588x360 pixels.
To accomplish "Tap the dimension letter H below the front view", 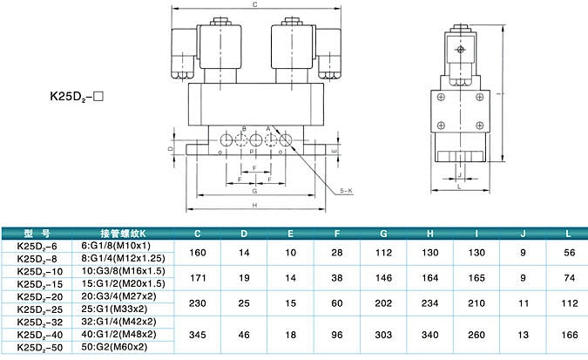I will [x=253, y=206].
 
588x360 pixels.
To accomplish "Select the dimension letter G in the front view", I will [x=253, y=190].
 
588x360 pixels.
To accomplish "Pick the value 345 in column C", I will [x=197, y=335].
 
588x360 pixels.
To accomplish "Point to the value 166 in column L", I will [x=568, y=335].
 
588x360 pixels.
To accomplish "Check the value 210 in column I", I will [x=476, y=302].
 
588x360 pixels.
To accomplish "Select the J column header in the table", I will [x=523, y=233].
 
